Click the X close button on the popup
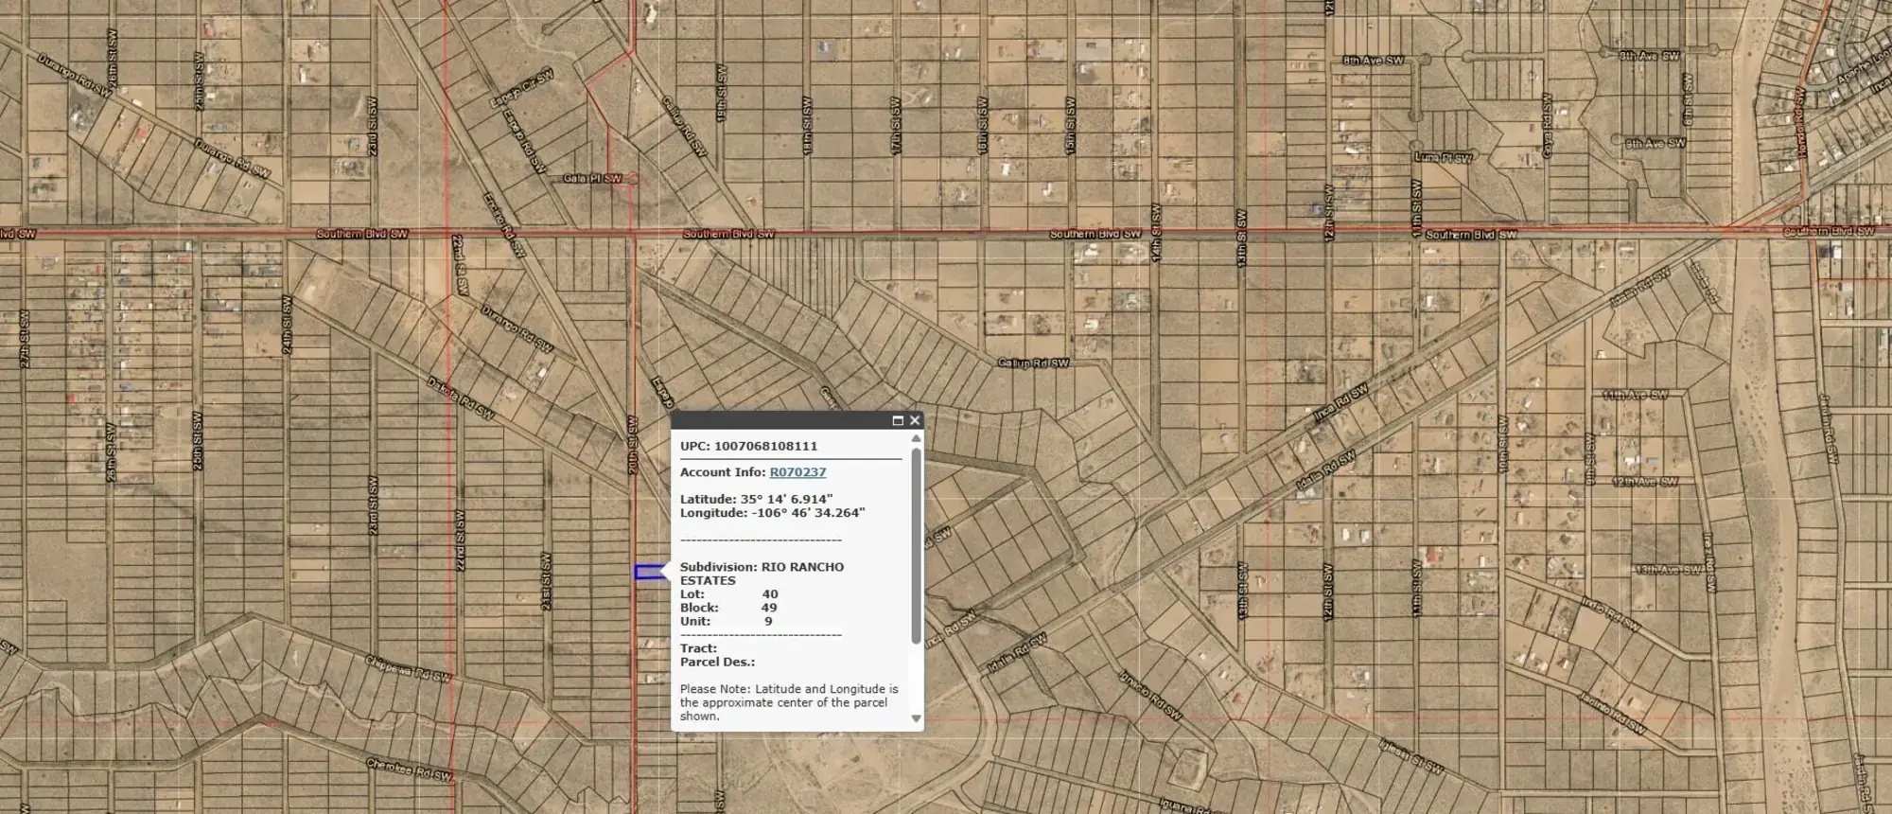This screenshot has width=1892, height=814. pyautogui.click(x=914, y=420)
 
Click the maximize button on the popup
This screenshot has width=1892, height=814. pyautogui.click(x=898, y=420)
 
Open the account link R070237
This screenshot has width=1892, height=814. pyautogui.click(x=797, y=472)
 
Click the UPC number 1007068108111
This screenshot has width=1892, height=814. pyautogui.click(x=765, y=446)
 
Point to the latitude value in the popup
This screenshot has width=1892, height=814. pyautogui.click(x=786, y=499)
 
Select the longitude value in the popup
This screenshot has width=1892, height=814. pyautogui.click(x=808, y=513)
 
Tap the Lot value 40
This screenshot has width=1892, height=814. pyautogui.click(x=770, y=594)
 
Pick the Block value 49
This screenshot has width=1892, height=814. pyautogui.click(x=769, y=608)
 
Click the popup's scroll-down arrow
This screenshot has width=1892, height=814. pyautogui.click(x=916, y=718)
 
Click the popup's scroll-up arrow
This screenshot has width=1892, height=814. pyautogui.click(x=916, y=438)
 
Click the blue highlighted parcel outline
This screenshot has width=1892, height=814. pyautogui.click(x=648, y=572)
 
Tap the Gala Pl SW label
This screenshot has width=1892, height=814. pyautogui.click(x=592, y=178)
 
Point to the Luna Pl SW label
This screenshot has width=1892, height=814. pyautogui.click(x=1443, y=157)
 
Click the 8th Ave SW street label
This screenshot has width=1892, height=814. pyautogui.click(x=1374, y=61)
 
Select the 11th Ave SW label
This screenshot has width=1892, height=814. pyautogui.click(x=1635, y=395)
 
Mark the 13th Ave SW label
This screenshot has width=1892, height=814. pyautogui.click(x=1669, y=570)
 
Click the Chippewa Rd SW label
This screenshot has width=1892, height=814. pyautogui.click(x=410, y=667)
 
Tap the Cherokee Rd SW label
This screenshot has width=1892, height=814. pyautogui.click(x=410, y=769)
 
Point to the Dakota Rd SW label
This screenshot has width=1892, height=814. pyautogui.click(x=461, y=398)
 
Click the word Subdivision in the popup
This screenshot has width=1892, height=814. pyautogui.click(x=717, y=567)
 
